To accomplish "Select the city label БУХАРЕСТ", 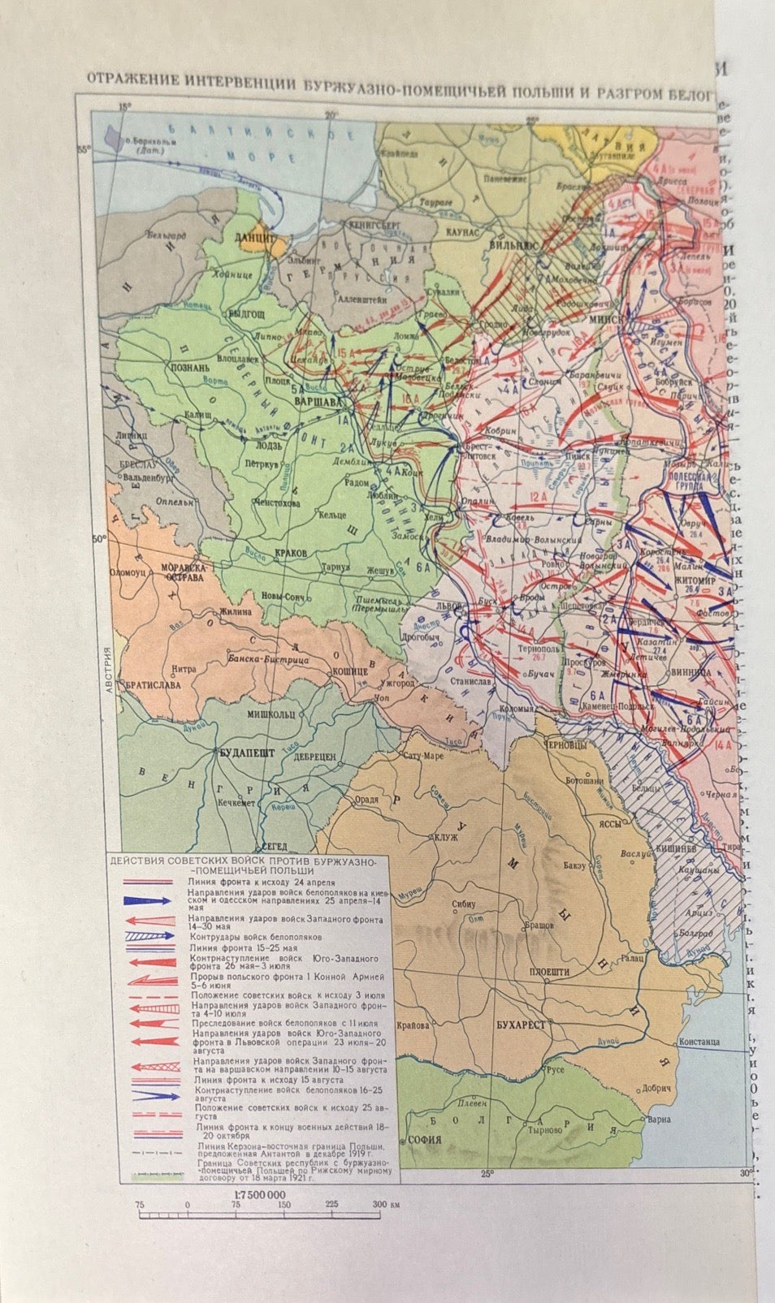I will tap(519, 1024).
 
